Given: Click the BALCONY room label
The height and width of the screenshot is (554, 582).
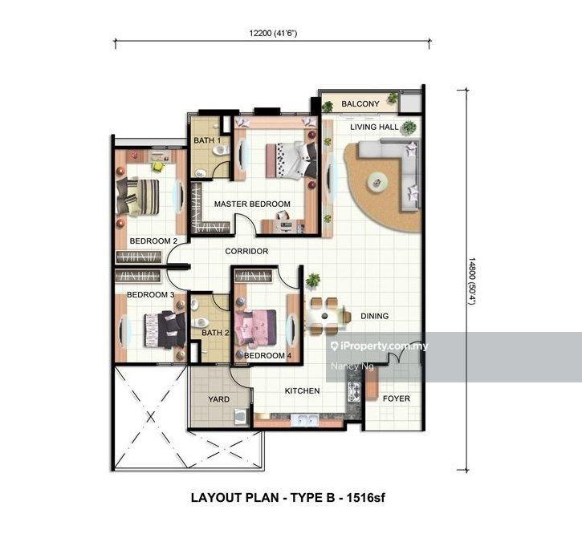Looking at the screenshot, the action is [x=360, y=104].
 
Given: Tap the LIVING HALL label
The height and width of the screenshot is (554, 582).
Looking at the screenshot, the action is [x=374, y=127].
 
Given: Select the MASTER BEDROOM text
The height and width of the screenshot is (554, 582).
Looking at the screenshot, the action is [x=252, y=204].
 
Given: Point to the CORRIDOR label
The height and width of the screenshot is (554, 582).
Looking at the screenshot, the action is [x=246, y=251].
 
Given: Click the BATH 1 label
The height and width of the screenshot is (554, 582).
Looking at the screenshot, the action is [x=207, y=140].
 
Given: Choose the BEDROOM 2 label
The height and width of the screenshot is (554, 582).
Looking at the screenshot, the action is [x=153, y=241].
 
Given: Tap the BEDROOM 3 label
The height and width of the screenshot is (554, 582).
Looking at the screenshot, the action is [x=150, y=295].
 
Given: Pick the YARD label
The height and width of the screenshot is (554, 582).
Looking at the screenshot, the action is [x=218, y=399].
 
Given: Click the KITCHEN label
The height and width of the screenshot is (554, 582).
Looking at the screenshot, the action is [x=302, y=390].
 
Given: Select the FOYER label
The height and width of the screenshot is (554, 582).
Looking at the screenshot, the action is [x=397, y=398].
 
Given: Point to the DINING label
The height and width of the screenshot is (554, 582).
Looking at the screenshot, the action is [x=375, y=316].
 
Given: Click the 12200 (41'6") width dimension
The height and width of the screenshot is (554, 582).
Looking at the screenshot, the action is [x=273, y=34].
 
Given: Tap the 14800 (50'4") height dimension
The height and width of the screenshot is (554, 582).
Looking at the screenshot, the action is [x=471, y=281].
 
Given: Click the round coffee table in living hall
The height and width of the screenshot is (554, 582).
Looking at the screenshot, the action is [x=377, y=183].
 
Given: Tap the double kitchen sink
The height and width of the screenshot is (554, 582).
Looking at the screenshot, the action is [x=305, y=420].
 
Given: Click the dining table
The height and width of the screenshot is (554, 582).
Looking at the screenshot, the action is [x=326, y=316].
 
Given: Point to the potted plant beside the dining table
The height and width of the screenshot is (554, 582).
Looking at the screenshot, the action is [x=313, y=281].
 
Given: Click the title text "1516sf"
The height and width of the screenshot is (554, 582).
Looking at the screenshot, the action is [x=365, y=497].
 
